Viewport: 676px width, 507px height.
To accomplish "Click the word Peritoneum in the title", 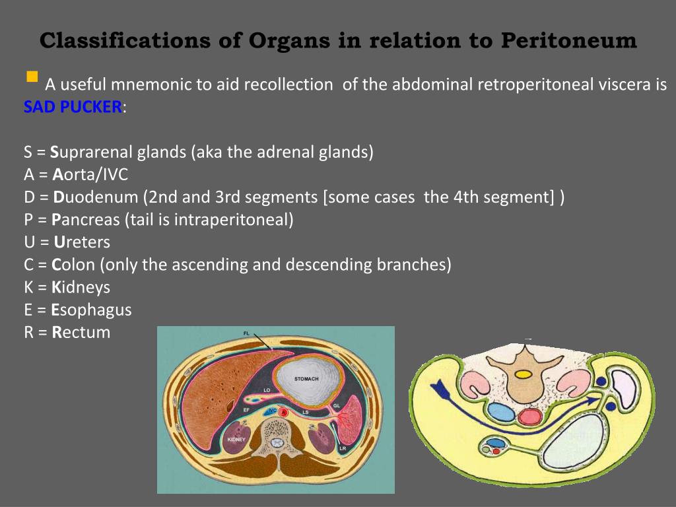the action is [x=568, y=41].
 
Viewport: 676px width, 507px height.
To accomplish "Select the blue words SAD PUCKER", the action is [x=73, y=107].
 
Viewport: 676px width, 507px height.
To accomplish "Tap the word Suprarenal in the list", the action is [x=92, y=152].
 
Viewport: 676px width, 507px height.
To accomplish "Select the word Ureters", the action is [x=82, y=242].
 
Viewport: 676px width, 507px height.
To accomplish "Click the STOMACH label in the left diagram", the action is [x=306, y=379].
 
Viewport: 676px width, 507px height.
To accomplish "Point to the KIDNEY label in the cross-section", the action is [x=236, y=439].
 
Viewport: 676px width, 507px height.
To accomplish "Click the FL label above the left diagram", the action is [x=246, y=333].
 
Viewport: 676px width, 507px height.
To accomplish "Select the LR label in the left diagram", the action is [x=343, y=448].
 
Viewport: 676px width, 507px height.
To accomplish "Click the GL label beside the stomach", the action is [x=336, y=405].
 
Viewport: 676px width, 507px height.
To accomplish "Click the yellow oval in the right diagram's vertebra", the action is [x=523, y=374].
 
